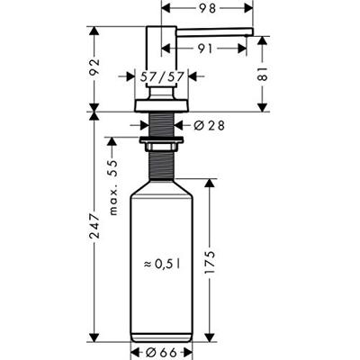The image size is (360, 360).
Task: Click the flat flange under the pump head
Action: point(161,106)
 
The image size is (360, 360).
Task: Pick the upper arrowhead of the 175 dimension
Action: point(209,180)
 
